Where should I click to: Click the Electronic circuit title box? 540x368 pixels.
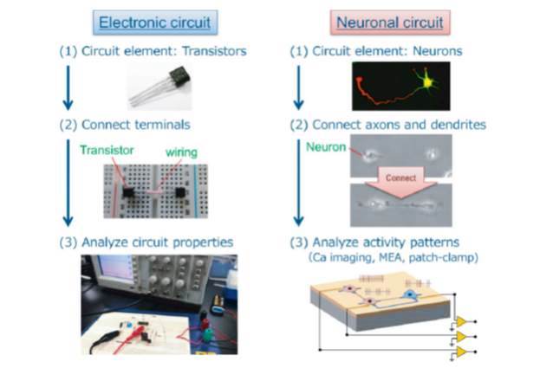tap(155, 23)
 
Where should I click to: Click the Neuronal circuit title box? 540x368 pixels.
tap(390, 23)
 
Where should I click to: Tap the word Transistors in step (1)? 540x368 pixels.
tap(215, 51)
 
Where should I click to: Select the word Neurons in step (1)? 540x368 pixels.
tap(438, 51)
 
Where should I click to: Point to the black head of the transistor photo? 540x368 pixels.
tap(179, 76)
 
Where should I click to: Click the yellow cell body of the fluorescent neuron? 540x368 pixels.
tap(427, 82)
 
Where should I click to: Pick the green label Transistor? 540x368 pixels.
tap(107, 151)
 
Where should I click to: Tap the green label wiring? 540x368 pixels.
tap(181, 152)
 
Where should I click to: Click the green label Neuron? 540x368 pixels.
tap(326, 147)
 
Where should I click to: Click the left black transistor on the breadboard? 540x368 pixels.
tap(128, 192)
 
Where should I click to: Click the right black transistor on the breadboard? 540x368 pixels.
tap(180, 192)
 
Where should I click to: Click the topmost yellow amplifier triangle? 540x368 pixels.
tap(461, 322)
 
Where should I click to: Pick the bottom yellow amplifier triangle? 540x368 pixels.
tap(461, 352)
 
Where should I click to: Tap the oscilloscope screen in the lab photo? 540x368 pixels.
tap(116, 268)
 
